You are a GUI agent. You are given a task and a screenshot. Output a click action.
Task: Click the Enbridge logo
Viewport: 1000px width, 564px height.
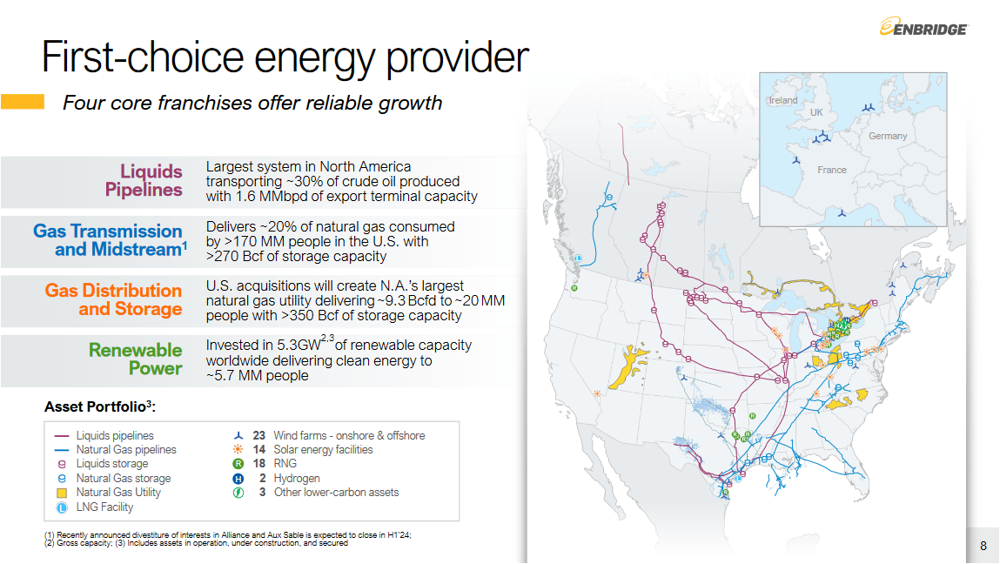(x=923, y=28)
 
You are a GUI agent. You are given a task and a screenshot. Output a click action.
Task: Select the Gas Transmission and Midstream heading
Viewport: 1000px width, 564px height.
(x=109, y=240)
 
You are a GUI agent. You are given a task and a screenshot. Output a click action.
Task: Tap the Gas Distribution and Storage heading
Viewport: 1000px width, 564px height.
(x=113, y=299)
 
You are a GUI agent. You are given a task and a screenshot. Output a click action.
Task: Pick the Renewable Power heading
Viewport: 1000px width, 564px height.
(x=135, y=359)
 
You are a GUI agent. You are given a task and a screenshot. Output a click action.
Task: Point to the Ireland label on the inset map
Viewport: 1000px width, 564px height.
(x=783, y=100)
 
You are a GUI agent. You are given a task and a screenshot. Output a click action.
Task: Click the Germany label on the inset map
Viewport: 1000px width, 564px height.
(x=887, y=136)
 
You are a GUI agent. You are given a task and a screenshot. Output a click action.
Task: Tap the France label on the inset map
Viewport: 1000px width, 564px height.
(x=832, y=170)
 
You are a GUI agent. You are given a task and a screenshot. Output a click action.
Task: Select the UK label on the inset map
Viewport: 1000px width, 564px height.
(x=815, y=112)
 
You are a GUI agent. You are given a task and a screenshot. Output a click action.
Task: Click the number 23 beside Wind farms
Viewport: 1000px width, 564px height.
(x=258, y=435)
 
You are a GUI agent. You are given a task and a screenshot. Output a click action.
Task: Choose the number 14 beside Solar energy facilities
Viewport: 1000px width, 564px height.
(x=258, y=449)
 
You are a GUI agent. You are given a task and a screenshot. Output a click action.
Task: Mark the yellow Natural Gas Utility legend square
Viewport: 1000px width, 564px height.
(x=62, y=493)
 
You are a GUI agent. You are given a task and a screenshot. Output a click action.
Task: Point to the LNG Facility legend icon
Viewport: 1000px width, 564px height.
(x=62, y=507)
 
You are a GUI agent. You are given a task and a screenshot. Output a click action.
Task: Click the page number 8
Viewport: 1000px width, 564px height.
(x=983, y=546)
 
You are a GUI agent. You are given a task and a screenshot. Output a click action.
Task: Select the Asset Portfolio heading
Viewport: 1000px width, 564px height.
(x=105, y=406)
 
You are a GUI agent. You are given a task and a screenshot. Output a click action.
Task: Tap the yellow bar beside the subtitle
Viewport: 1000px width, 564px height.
(x=23, y=102)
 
